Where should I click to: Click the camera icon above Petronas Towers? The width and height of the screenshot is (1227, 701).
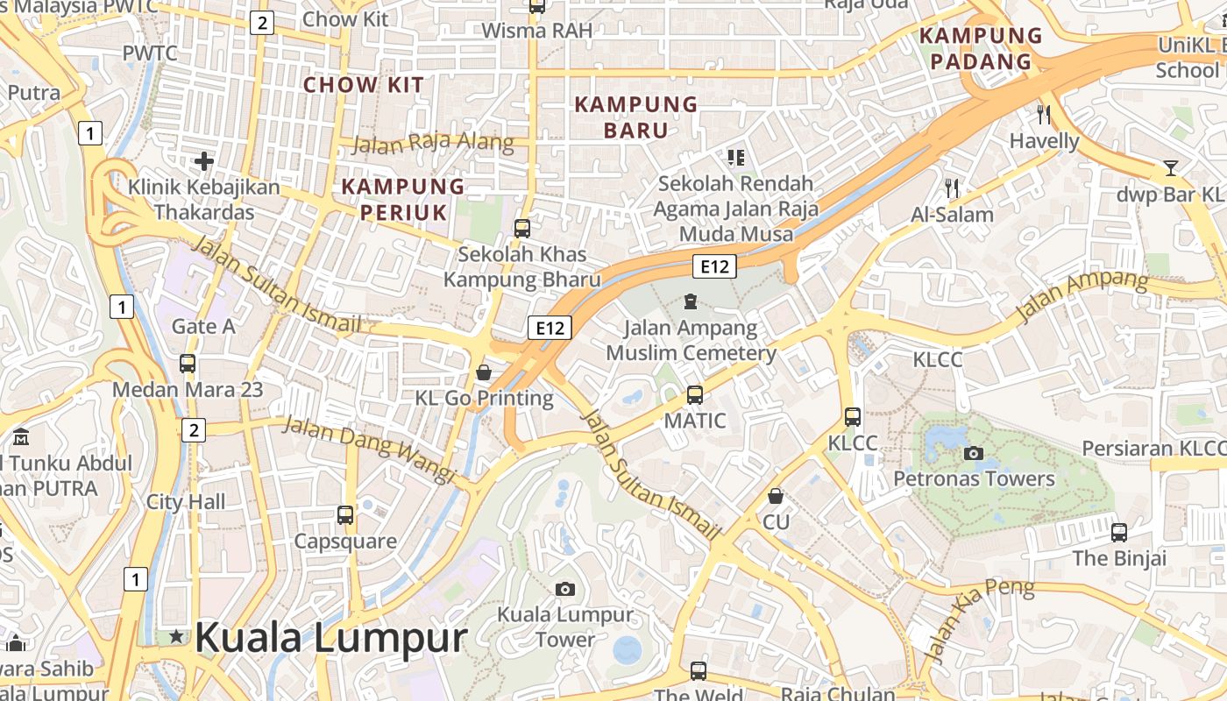[973, 453]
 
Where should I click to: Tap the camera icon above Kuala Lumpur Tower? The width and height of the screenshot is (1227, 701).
[565, 589]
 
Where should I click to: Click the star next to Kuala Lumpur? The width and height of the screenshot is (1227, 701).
[177, 636]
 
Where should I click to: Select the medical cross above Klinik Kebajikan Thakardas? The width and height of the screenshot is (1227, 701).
[204, 161]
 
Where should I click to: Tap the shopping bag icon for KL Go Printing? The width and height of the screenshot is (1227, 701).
[483, 372]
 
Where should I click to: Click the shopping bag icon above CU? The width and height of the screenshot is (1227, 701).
[776, 496]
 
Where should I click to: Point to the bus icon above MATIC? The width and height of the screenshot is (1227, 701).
[695, 395]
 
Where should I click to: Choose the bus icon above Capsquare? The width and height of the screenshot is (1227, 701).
[345, 515]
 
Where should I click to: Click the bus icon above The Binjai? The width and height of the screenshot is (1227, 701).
[1119, 532]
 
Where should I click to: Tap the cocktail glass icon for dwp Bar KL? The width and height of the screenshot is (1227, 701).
[1171, 167]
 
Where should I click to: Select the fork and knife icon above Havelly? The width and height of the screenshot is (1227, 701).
[1043, 114]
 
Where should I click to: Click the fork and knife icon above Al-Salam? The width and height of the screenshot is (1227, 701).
[953, 188]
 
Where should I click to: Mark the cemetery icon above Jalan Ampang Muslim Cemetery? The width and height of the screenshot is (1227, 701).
[691, 302]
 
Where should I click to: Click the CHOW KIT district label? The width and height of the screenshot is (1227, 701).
[363, 85]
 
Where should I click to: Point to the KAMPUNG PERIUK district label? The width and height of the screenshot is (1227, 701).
[403, 199]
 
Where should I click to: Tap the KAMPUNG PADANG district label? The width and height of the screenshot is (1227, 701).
[982, 48]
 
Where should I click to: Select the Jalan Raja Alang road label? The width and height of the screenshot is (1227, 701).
[434, 142]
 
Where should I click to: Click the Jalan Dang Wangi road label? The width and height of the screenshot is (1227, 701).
[369, 449]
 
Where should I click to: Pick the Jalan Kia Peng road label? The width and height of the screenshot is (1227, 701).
[978, 619]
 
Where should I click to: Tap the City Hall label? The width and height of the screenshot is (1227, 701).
[186, 502]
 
